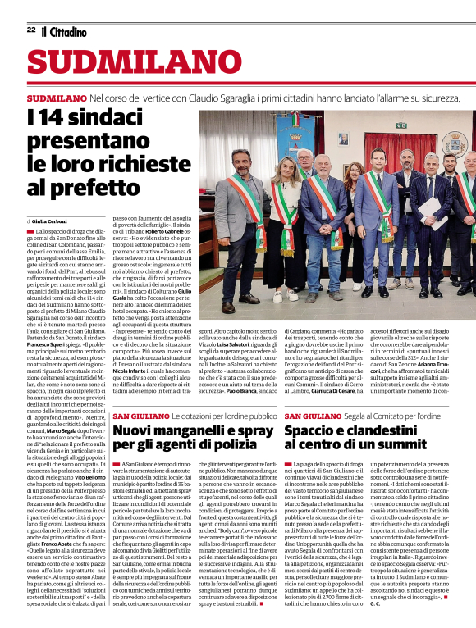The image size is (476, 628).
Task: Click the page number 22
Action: coord(30,30)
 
